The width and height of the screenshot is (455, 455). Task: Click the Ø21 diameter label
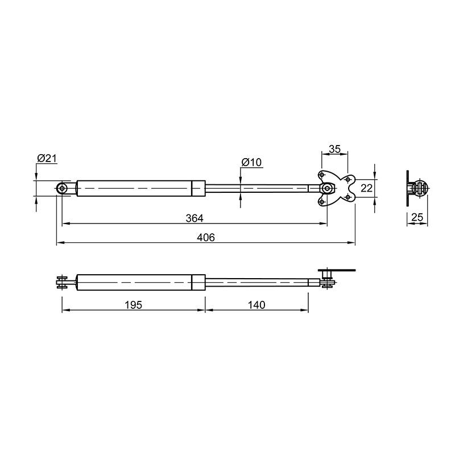[47, 159]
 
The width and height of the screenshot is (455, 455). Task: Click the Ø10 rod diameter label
[251, 162]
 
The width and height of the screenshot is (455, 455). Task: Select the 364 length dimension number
[195, 218]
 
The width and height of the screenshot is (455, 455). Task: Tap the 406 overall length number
[206, 237]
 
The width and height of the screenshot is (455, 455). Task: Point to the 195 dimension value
[133, 305]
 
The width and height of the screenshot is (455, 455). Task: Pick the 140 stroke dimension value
[257, 305]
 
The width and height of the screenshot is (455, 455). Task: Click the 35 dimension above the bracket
[334, 149]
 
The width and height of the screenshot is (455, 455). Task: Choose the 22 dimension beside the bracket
[366, 188]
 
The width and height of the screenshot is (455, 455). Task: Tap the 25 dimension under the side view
[417, 217]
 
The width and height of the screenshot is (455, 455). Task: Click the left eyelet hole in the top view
[62, 189]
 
